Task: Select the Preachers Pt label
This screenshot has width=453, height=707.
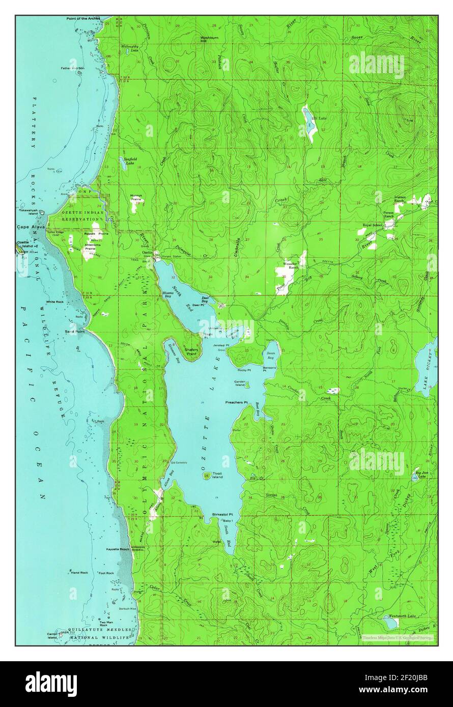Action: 236,402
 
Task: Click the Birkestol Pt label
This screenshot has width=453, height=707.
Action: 222,515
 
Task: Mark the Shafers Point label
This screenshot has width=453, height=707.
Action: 191,351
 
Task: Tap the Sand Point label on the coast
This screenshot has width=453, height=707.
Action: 74,332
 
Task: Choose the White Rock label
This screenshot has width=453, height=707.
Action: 54,302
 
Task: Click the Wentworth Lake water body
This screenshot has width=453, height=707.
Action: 390,622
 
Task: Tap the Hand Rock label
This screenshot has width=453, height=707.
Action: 79,573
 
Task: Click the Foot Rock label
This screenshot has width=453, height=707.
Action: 106,573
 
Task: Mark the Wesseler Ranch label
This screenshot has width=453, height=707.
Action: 290,266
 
